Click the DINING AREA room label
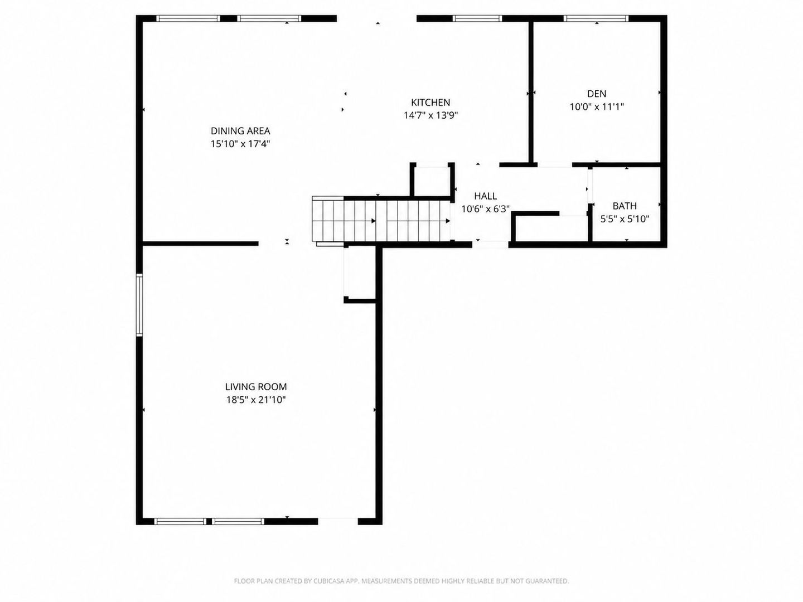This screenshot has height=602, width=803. [x=240, y=131]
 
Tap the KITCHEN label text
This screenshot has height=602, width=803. [x=430, y=103]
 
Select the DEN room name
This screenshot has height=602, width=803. [x=596, y=94]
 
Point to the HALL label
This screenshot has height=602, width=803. [x=485, y=196]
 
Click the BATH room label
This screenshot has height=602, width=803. [x=625, y=206]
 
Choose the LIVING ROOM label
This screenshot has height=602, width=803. [x=256, y=387]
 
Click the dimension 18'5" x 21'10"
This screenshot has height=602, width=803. [x=256, y=400]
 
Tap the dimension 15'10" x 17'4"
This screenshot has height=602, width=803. [x=240, y=144]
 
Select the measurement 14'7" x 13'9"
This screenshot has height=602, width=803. [x=430, y=115]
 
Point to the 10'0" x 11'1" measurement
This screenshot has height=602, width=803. [x=596, y=106]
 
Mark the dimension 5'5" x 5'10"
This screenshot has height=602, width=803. [x=625, y=219]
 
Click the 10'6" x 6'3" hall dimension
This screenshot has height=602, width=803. [x=485, y=210]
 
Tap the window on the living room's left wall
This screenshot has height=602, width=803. [x=139, y=304]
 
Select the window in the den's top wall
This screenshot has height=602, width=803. [x=596, y=18]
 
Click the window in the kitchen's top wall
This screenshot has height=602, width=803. [x=477, y=18]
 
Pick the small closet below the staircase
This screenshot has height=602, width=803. [x=360, y=273]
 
